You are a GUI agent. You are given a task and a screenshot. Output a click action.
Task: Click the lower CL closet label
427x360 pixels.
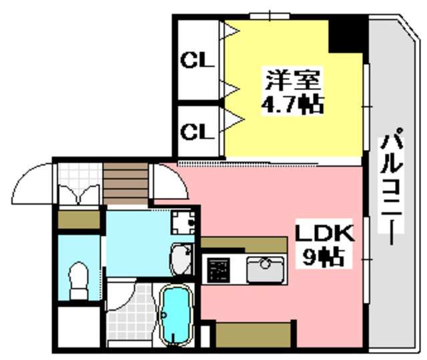point(197,131)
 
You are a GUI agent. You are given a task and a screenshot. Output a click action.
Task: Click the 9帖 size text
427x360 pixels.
point(325,256)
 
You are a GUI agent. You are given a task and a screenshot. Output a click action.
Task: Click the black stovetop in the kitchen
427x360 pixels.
point(218,270)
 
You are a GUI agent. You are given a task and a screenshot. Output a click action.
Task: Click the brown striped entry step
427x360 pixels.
point(125,183)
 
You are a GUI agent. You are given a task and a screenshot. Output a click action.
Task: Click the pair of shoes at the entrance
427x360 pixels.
point(78,194)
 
